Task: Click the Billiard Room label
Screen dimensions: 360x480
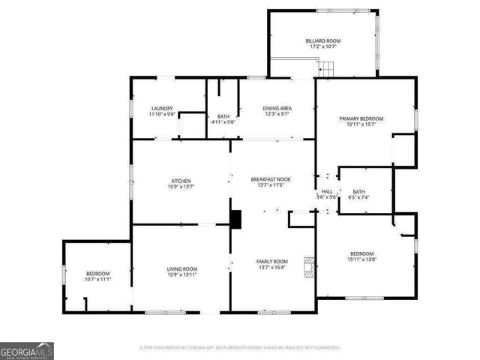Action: pos(323,40)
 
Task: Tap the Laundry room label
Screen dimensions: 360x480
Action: pos(162,108)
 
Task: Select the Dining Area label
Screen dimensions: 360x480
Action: pos(277,109)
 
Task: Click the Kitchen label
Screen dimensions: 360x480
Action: pos(181,181)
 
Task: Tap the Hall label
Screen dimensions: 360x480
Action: pos(327,191)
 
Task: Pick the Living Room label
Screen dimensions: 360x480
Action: pos(181,268)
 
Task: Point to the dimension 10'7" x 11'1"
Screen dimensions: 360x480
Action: pos(97,279)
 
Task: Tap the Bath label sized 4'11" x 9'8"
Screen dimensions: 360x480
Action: pos(223,121)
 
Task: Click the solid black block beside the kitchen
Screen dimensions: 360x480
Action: pos(236,220)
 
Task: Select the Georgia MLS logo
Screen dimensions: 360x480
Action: pos(27,350)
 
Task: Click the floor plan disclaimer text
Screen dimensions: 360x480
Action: pos(240,347)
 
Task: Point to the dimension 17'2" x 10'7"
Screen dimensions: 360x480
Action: pos(323,46)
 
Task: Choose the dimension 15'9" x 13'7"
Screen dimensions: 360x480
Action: pos(181,187)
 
